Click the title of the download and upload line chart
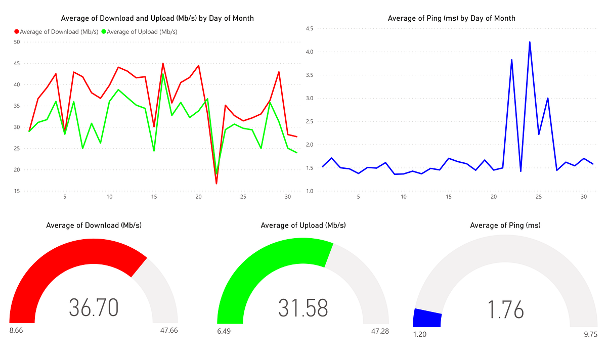point(157,18)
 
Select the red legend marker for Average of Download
point(17,31)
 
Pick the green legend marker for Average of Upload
point(104,31)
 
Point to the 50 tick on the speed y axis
point(17,42)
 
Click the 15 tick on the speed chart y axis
point(17,191)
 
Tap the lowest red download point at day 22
point(216,183)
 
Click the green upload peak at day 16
point(163,74)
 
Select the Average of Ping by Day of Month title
point(451,18)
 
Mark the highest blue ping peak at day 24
point(530,42)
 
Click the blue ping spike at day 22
point(512,60)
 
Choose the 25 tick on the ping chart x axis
point(539,197)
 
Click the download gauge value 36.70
point(94,307)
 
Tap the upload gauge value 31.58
point(303,307)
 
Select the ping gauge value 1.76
point(506,309)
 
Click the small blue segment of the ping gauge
point(427,318)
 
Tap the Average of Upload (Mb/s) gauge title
point(303,226)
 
